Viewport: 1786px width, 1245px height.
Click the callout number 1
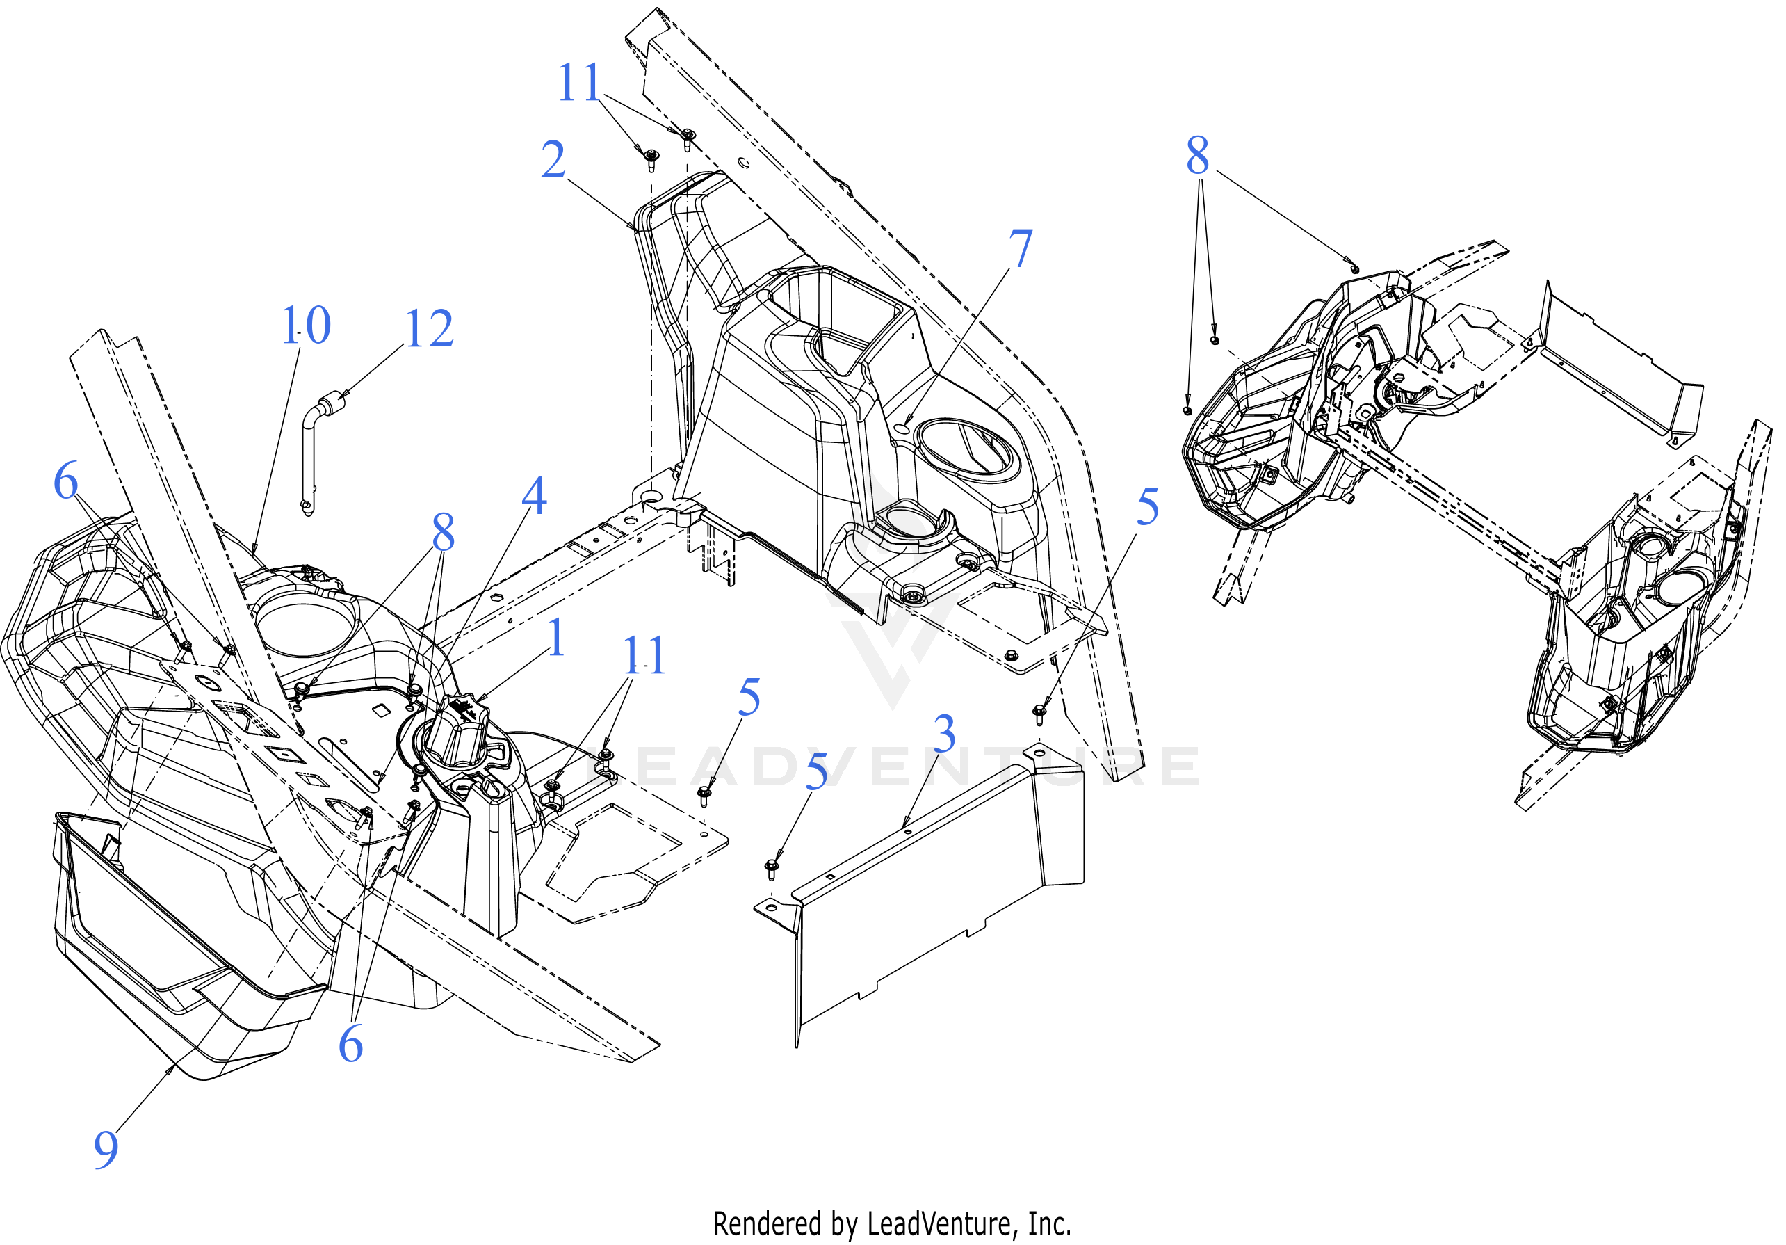556,638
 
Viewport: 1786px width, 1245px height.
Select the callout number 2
553,160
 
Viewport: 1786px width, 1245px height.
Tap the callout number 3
944,734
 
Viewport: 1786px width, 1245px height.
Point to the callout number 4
535,495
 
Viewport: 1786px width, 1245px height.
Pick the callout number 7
1021,249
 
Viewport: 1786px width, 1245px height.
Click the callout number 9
106,1149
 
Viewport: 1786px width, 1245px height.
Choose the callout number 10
307,326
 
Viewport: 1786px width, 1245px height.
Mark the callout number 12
430,328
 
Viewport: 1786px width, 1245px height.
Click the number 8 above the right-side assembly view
1198,156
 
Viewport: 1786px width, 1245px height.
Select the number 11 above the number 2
580,83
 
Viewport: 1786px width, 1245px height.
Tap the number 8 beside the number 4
444,533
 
